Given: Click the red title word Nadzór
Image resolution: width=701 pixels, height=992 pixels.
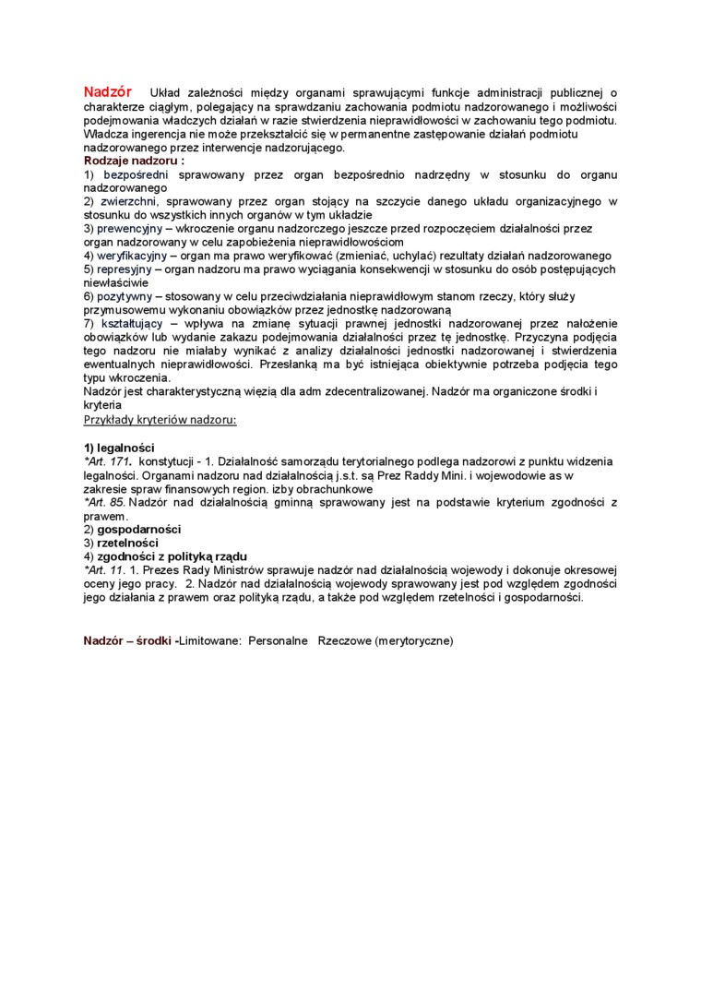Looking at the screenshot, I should pos(108,91).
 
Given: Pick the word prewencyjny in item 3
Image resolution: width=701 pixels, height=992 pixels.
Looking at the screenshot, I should pos(129,227).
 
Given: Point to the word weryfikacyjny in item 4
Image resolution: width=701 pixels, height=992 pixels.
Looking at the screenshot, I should pos(133,255).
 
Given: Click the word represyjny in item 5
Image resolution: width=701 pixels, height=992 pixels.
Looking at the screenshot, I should pos(125,269).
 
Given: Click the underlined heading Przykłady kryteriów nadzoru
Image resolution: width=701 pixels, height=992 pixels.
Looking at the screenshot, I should pos(160,419).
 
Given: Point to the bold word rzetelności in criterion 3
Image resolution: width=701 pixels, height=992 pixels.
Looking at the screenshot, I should pos(128,543).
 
